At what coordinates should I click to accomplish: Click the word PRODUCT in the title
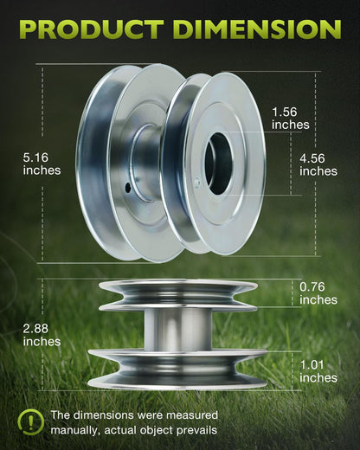point(92,29)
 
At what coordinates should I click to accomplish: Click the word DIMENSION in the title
point(258,29)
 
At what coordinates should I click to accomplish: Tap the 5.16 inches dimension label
point(42,164)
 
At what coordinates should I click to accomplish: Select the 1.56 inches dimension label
point(291,119)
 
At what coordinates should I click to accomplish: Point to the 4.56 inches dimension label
point(318,165)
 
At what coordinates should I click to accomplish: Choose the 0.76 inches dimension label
point(318,293)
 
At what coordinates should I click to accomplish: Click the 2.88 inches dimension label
point(42,335)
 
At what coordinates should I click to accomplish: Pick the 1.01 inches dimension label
point(318,371)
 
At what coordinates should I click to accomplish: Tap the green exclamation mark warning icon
point(30,422)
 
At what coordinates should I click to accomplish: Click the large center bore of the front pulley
point(218,163)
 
